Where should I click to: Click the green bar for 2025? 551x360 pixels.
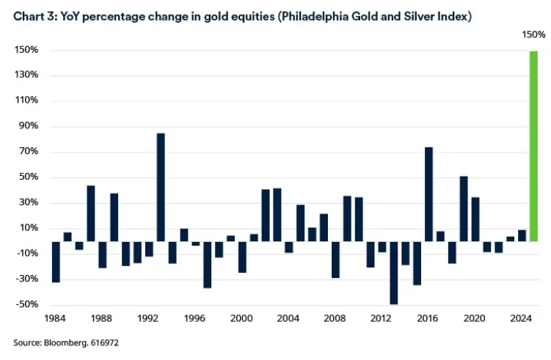coord(533,146)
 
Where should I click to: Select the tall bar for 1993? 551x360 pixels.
coord(161,187)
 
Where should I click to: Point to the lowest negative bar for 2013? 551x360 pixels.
coord(393,272)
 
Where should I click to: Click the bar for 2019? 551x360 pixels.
coord(464,208)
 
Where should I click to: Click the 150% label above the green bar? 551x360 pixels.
coord(533,34)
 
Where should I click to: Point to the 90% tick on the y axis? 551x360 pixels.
coord(28,127)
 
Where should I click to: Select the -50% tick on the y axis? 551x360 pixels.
coord(28,304)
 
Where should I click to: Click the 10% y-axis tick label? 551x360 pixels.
coord(28,228)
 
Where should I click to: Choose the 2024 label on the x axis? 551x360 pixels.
coord(522,319)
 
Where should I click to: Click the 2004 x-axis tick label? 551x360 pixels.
coord(288,319)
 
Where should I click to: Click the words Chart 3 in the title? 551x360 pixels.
coord(34,15)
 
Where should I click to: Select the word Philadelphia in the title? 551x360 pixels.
coord(309,15)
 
